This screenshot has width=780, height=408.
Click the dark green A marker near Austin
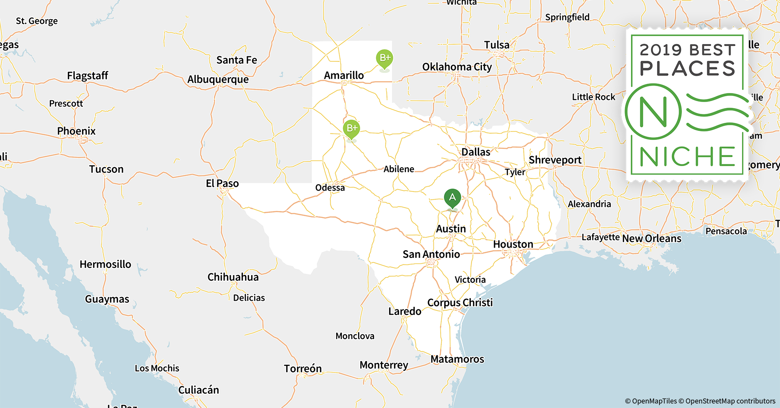click(452, 198)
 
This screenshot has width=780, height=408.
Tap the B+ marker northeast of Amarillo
click(384, 58)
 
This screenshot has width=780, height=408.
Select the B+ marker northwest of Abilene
click(351, 129)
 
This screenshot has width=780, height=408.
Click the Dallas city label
click(476, 152)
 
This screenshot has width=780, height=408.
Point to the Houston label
click(513, 244)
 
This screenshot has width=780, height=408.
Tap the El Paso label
click(222, 184)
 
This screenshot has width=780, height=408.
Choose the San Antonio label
click(431, 255)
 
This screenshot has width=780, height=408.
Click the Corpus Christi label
click(460, 303)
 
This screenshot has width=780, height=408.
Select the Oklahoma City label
click(457, 67)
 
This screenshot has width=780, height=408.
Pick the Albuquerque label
click(218, 80)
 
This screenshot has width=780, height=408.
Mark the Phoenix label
click(76, 131)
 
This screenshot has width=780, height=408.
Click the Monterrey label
click(384, 365)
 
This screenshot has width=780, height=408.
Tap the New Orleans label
click(652, 239)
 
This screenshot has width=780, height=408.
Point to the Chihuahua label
click(233, 277)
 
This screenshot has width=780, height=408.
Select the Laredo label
click(405, 312)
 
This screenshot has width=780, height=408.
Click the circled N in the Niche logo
click(653, 112)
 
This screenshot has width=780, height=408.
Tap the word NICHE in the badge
click(688, 157)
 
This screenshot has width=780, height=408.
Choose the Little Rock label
click(593, 97)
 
